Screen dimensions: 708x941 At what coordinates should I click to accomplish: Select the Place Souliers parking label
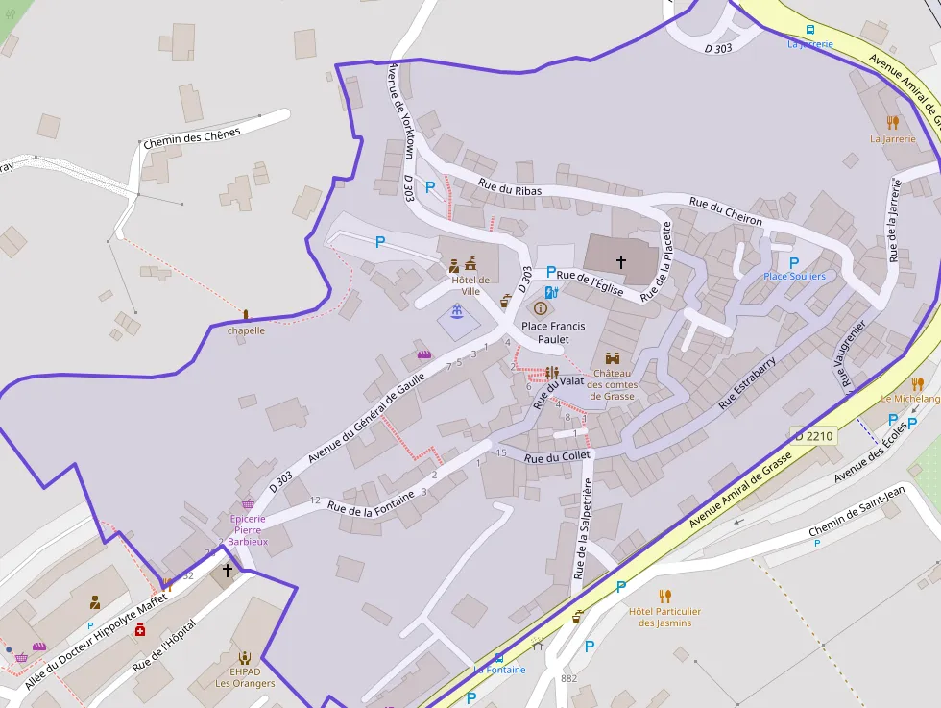(794, 276)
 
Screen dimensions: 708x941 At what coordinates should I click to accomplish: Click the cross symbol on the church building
(620, 261)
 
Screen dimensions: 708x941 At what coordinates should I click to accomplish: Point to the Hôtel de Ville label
(470, 285)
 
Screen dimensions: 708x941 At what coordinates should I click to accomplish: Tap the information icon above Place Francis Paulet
(541, 308)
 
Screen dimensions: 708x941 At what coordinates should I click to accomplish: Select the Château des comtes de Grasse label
(613, 384)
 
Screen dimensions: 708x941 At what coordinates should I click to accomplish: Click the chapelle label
(246, 330)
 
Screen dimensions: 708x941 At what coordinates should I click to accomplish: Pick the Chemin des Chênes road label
(191, 137)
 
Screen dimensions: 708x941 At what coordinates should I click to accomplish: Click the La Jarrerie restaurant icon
(892, 123)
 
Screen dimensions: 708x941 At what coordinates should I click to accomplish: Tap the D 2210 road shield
(813, 436)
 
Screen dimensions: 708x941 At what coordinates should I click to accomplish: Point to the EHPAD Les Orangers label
(245, 677)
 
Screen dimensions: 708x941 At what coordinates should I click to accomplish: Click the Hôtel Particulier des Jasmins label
(664, 617)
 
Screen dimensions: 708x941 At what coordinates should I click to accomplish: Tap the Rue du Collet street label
(557, 458)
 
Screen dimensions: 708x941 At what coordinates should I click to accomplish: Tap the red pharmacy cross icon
(140, 629)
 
